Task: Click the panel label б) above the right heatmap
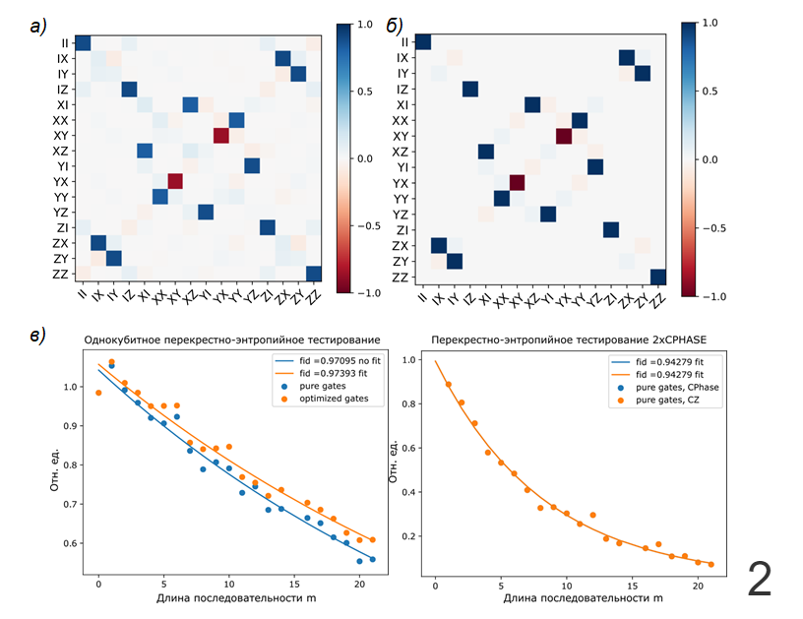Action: pos(394,27)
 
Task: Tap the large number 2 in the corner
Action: pos(760,578)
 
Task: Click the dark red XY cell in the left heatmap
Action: pos(220,136)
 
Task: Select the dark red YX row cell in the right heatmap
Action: pos(517,183)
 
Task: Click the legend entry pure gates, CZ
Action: pos(669,400)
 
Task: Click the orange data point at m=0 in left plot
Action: pos(98,393)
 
